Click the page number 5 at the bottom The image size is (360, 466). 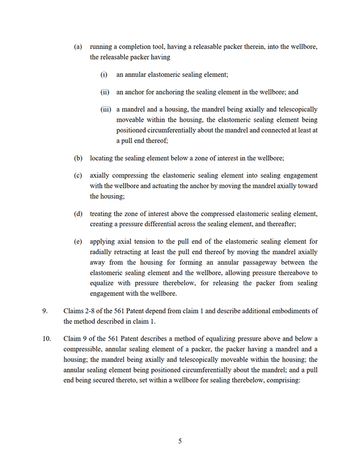(180, 441)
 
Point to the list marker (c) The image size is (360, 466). (78, 175)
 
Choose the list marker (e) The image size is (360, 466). (78, 241)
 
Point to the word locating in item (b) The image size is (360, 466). (103, 158)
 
